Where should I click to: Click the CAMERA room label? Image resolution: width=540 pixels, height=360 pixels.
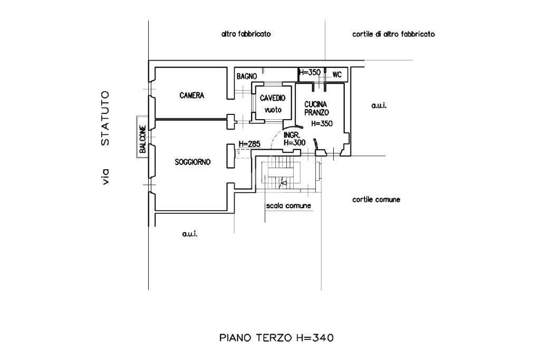point(191,96)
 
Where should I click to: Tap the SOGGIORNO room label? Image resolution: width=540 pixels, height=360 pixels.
point(192,163)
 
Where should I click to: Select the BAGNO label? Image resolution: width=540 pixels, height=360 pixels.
point(246,76)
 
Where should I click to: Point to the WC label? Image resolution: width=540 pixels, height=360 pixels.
point(337,75)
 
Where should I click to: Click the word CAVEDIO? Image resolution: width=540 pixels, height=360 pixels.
point(273,98)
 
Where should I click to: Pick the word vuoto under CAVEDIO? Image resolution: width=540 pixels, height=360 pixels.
point(273,110)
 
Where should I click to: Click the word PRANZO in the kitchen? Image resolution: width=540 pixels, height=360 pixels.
point(316,113)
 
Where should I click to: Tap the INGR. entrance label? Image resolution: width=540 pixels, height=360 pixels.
point(291,135)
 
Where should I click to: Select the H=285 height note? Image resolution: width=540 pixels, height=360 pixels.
point(249,144)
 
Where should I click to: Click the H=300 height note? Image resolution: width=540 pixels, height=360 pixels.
point(294,142)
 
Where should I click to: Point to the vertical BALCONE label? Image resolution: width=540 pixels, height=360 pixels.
point(142,138)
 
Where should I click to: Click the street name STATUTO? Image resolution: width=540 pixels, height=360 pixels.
point(105,118)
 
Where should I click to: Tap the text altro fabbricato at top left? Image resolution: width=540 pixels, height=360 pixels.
point(246,34)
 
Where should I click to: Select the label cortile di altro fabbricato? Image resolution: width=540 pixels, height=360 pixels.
point(393,34)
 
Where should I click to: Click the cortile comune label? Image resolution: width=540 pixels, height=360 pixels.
point(376,200)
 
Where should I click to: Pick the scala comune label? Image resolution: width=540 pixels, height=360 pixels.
point(288,206)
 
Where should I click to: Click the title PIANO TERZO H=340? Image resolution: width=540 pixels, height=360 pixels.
point(276,338)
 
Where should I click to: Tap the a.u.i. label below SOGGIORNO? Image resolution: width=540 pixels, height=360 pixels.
point(189,234)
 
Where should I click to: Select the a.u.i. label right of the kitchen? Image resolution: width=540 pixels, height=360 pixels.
point(379,105)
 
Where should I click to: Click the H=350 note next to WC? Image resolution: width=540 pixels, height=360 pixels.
point(310,73)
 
